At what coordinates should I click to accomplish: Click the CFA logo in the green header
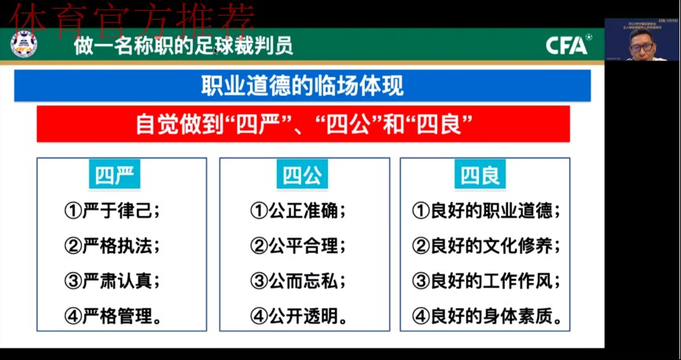(568, 46)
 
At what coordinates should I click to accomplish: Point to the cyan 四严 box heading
(115, 175)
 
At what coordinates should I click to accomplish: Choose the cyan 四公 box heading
(303, 175)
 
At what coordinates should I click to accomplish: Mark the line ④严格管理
(114, 316)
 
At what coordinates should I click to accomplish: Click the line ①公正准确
(298, 211)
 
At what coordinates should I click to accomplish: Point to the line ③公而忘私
(298, 281)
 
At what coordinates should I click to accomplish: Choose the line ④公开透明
(300, 316)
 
